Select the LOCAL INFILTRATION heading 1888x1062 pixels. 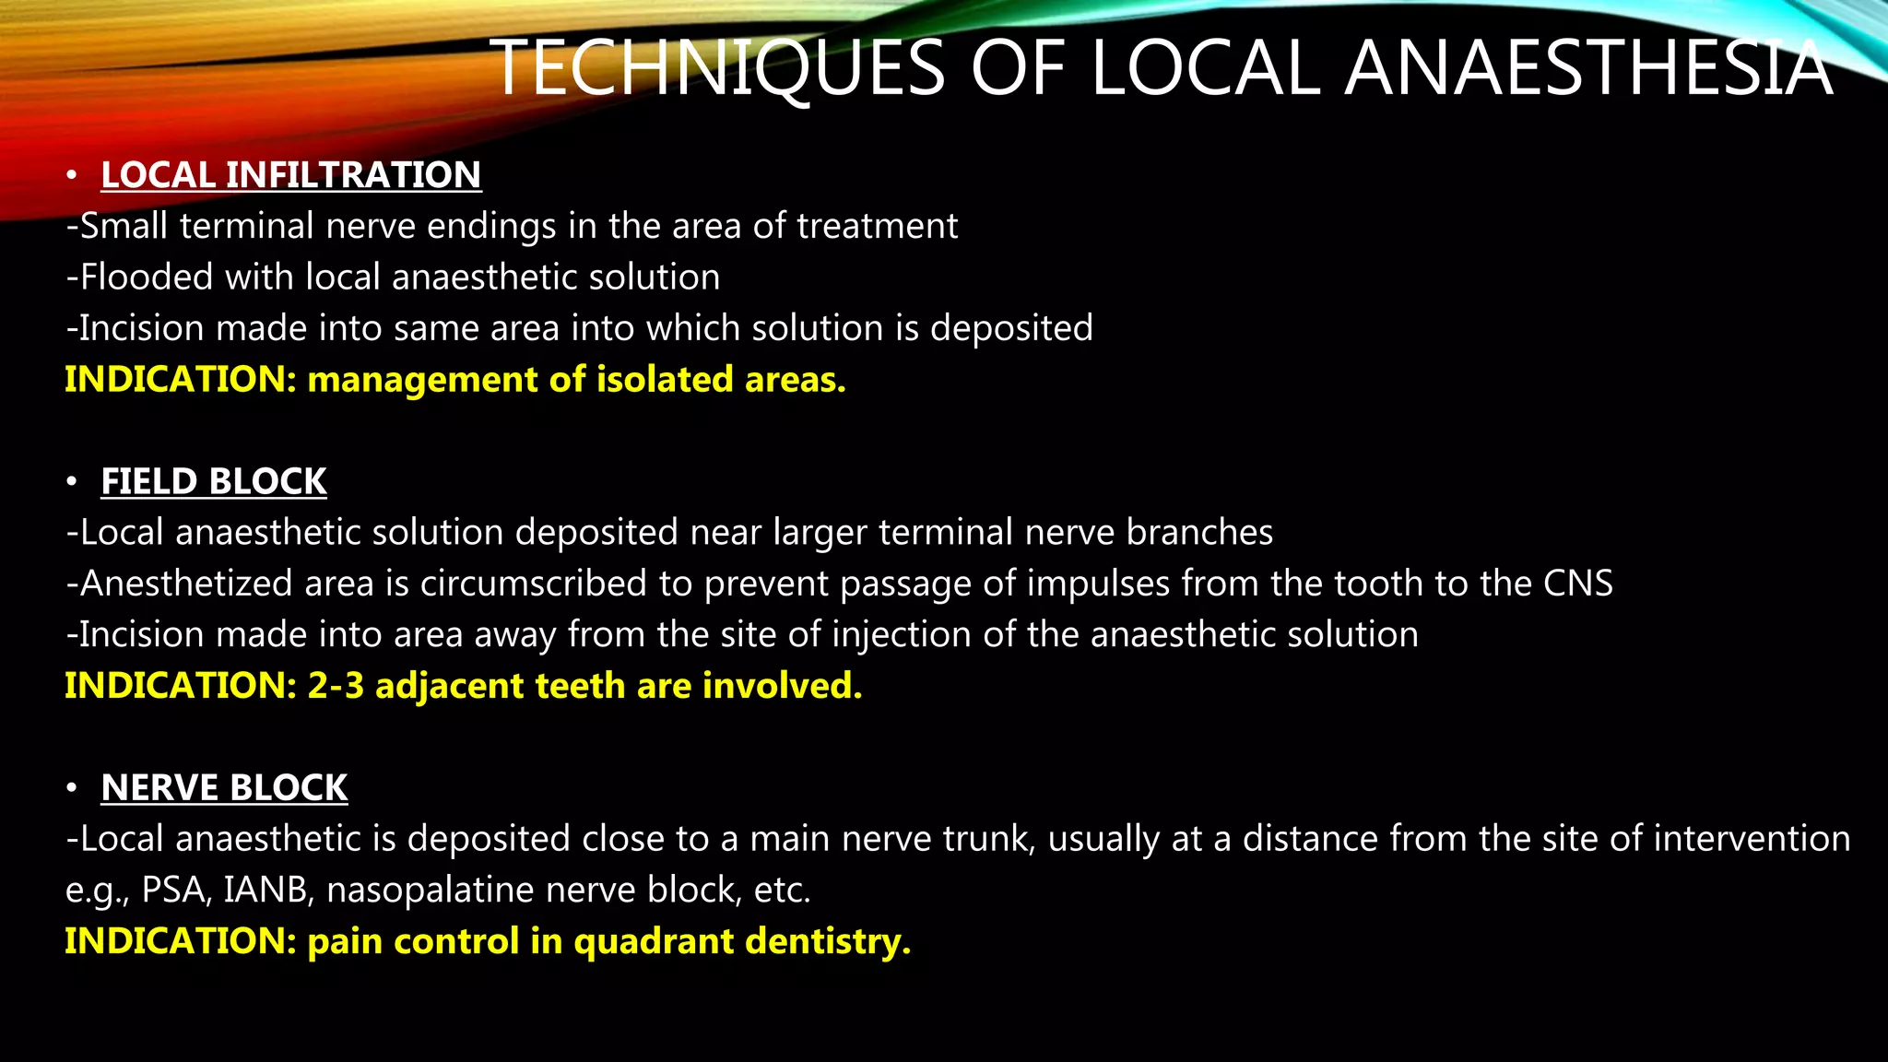pyautogui.click(x=290, y=175)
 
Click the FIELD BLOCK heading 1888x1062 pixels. pyautogui.click(x=213, y=481)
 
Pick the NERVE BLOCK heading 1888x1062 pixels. pyautogui.click(x=224, y=787)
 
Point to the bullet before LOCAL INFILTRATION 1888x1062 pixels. pyautogui.click(x=72, y=175)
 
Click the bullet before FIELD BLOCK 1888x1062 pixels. pyautogui.click(x=72, y=481)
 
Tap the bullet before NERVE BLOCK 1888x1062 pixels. pyautogui.click(x=72, y=787)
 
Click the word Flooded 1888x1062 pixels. pyautogui.click(x=146, y=277)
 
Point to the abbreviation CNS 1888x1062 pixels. pyautogui.click(x=1578, y=584)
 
